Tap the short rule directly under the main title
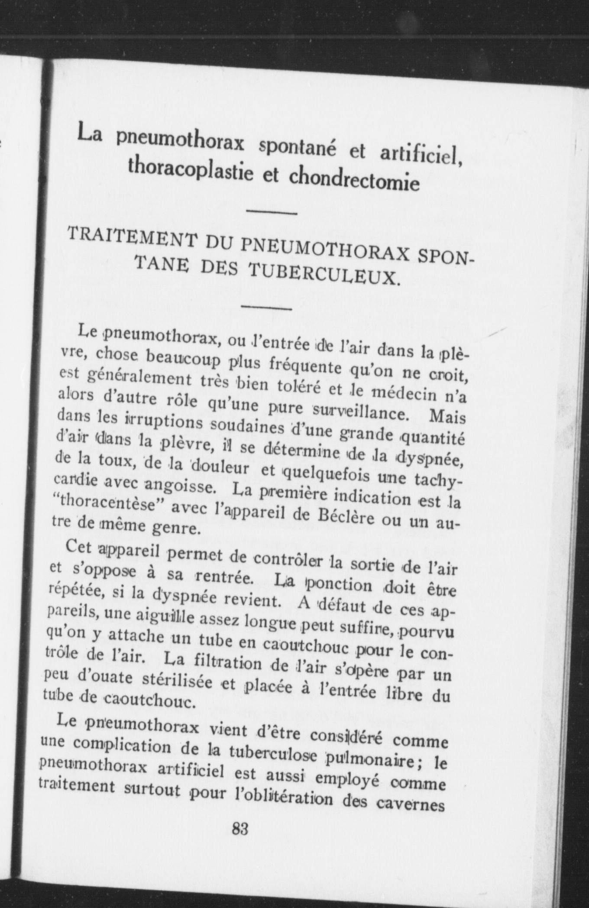coord(271,212)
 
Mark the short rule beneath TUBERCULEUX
coord(266,308)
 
